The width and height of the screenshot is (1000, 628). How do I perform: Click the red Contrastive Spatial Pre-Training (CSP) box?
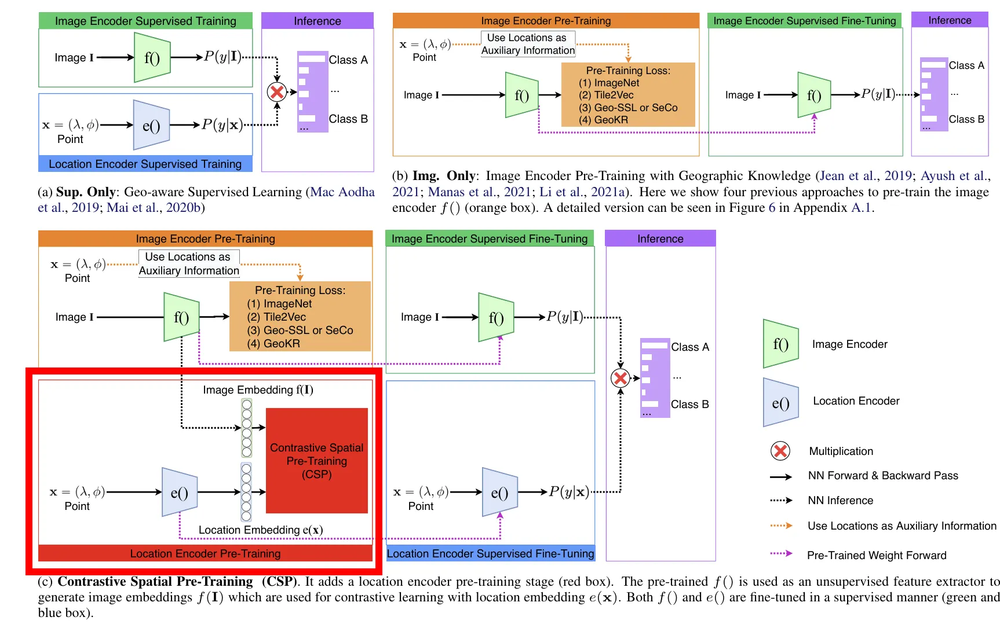click(316, 461)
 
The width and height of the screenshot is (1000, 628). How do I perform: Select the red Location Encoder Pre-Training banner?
click(205, 553)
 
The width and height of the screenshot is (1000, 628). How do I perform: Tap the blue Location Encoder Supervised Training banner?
click(145, 164)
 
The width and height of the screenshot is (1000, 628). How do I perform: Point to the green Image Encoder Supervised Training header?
click(145, 21)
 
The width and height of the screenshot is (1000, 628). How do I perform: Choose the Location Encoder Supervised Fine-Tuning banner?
click(490, 553)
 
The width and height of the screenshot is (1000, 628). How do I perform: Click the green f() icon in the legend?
click(780, 344)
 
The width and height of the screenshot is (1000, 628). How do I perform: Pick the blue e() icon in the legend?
click(780, 402)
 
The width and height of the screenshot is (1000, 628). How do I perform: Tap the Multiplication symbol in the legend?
click(780, 451)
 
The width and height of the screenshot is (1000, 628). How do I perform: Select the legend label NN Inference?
click(840, 500)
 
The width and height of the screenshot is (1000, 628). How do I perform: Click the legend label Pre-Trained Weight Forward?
click(876, 555)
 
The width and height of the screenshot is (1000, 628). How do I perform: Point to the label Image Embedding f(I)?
click(258, 390)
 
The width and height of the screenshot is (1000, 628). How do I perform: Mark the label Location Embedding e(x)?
click(261, 530)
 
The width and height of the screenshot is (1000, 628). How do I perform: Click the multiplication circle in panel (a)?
click(277, 91)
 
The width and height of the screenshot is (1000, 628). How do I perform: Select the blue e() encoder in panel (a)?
click(151, 125)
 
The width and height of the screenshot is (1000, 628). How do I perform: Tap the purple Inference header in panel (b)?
click(950, 20)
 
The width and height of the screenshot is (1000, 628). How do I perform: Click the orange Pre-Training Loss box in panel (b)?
click(628, 95)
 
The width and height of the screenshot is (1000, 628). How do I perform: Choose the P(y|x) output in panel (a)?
click(222, 124)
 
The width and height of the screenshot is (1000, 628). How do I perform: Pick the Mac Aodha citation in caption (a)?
click(342, 192)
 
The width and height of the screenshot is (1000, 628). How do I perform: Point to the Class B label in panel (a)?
click(348, 119)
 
